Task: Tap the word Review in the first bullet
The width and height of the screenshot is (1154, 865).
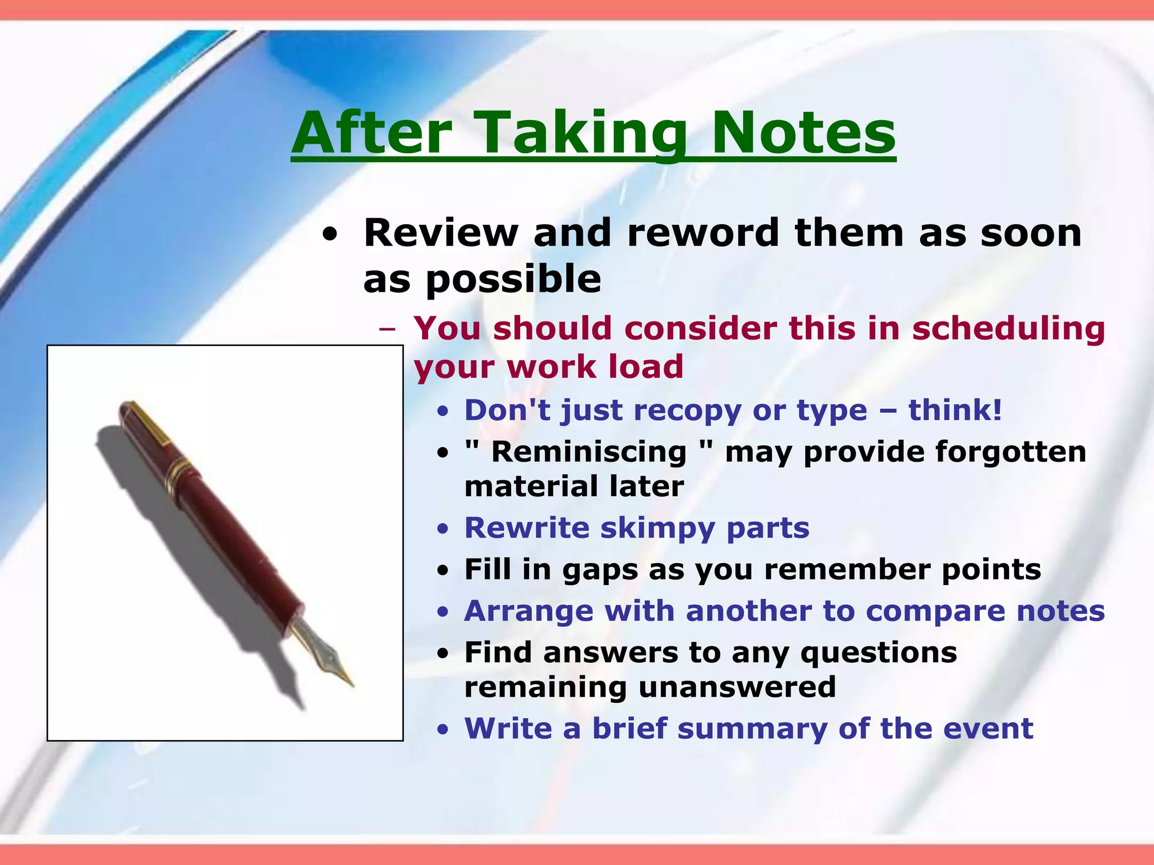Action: point(441,233)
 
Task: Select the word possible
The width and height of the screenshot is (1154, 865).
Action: point(513,280)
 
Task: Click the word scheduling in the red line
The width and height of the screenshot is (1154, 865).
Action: point(1008,328)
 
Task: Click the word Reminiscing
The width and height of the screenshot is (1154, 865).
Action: point(588,452)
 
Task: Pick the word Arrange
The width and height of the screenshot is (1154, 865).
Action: point(529,611)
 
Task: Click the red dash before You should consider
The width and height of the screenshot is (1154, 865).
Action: point(388,329)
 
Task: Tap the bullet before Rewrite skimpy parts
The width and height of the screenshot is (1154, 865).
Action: point(444,529)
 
